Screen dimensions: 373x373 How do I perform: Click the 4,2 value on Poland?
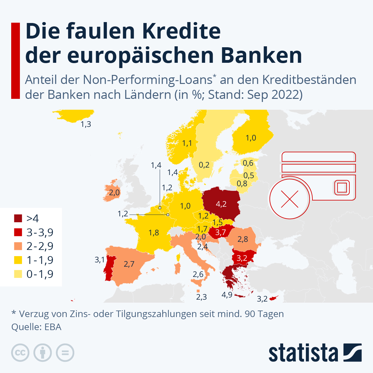click(x=221, y=204)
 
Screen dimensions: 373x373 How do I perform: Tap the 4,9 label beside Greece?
click(x=227, y=295)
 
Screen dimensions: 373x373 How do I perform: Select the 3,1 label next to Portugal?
click(x=100, y=260)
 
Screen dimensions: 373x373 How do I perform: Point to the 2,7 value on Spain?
click(x=129, y=264)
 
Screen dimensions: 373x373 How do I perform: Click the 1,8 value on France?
click(x=154, y=233)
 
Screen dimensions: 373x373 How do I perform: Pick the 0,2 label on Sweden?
click(x=204, y=165)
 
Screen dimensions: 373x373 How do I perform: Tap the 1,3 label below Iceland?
click(x=86, y=124)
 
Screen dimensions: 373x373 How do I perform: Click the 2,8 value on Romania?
click(x=243, y=239)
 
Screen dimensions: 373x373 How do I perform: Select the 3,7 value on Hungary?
click(x=220, y=232)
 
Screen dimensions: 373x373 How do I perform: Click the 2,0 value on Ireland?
click(x=114, y=193)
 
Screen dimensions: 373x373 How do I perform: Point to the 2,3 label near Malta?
click(x=201, y=297)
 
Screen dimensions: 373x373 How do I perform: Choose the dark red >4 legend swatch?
click(x=18, y=218)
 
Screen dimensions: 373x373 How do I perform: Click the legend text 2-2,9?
click(x=40, y=246)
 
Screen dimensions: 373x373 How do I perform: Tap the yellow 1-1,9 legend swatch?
click(x=18, y=260)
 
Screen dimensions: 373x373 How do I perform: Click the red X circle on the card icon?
click(x=289, y=199)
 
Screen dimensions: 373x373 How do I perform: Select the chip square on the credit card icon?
click(x=342, y=188)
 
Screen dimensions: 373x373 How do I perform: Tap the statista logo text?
click(x=303, y=353)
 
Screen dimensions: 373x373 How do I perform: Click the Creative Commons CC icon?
click(x=21, y=353)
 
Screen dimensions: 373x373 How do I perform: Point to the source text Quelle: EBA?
click(x=36, y=327)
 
